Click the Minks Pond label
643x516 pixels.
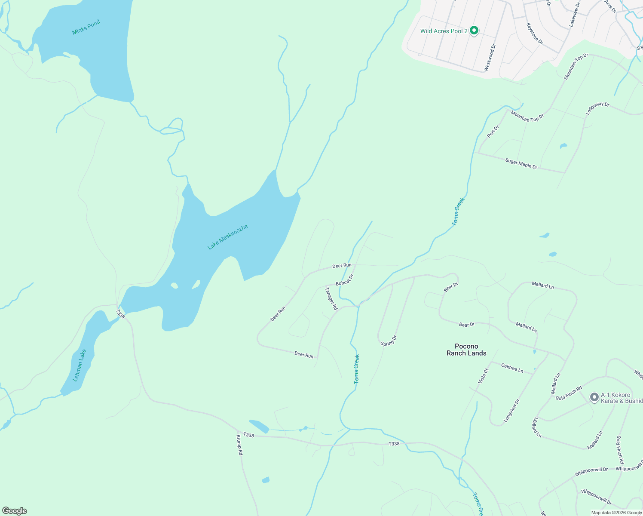coord(86,27)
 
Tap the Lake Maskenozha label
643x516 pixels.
coord(228,237)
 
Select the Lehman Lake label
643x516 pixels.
coord(80,365)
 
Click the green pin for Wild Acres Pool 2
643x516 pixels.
coord(474,31)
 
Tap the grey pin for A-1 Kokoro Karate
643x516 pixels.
coord(594,397)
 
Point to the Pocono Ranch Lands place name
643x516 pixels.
coord(466,350)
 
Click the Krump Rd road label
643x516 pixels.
coord(239,445)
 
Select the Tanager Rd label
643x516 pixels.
coord(331,298)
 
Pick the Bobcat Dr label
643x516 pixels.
coord(344,280)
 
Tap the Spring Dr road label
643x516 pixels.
coord(389,341)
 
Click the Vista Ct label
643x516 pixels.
coord(484,376)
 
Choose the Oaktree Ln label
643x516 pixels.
coord(512,368)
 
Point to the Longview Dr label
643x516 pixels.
coord(511,411)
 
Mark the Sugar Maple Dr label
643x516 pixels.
coord(521,164)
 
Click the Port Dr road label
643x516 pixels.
coord(493,132)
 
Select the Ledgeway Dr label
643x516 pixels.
coord(597,108)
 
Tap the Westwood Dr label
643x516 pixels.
coord(490,57)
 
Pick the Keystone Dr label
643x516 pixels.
coord(535,34)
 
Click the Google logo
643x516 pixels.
coord(14,511)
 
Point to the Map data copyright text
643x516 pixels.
coord(615,513)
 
